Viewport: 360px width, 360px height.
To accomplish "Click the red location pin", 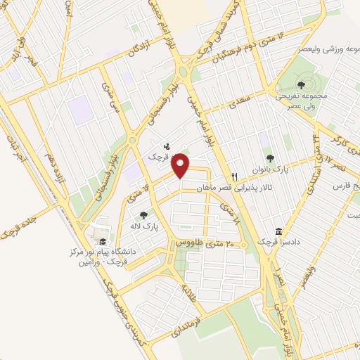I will tap(181, 165).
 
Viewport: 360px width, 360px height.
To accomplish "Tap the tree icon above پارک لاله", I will tap(144, 216).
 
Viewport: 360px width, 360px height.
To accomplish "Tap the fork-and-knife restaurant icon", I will tap(235, 176).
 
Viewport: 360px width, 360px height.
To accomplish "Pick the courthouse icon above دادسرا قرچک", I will tap(279, 231).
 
